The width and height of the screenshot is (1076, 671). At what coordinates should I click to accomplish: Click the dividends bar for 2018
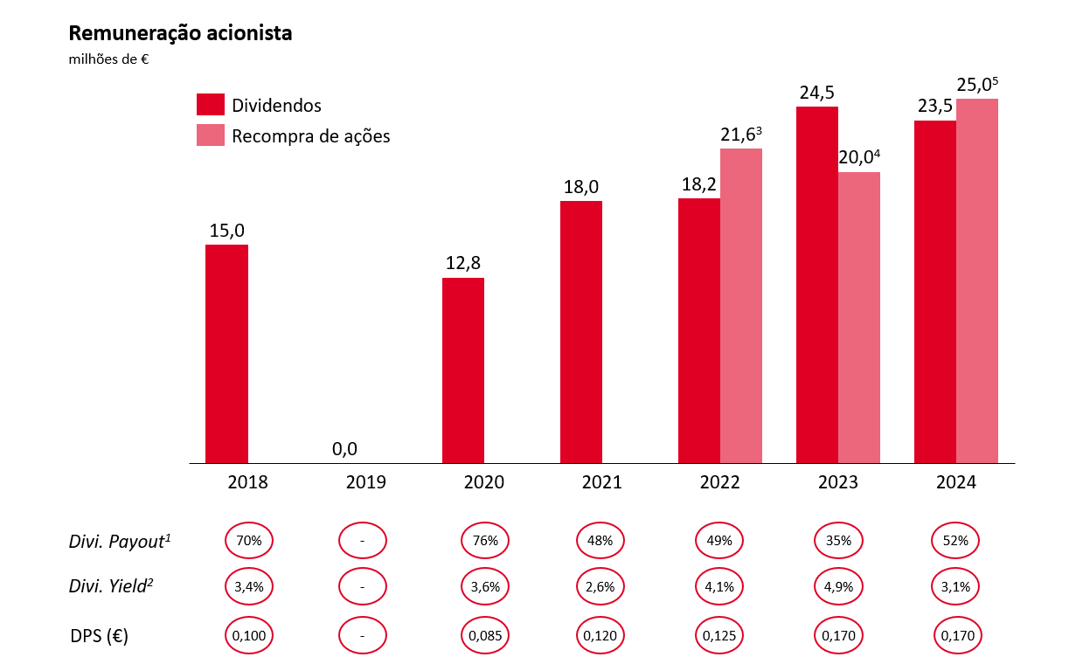(x=226, y=354)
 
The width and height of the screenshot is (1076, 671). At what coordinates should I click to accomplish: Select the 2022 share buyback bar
(x=741, y=306)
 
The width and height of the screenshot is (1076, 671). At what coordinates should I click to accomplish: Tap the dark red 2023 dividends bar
(x=817, y=285)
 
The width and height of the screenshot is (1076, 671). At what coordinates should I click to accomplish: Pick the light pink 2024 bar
(x=977, y=280)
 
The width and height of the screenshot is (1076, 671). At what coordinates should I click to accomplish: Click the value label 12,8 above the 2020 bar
(x=463, y=262)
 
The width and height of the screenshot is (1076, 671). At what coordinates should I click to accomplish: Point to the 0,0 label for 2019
(x=345, y=449)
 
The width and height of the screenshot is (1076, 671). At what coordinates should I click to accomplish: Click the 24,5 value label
(x=817, y=92)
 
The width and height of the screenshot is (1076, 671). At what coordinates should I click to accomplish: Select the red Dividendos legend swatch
(x=211, y=105)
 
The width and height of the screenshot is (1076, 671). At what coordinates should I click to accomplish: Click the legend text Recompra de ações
(x=310, y=136)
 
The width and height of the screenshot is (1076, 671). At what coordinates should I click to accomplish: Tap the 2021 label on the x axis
(x=601, y=482)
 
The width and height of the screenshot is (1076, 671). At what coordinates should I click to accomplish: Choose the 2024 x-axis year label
(x=955, y=482)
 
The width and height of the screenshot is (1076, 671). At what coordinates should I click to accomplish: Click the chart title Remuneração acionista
(x=180, y=34)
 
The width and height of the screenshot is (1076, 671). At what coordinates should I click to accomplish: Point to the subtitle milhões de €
(x=108, y=59)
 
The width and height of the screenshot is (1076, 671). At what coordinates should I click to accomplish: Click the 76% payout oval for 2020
(x=485, y=541)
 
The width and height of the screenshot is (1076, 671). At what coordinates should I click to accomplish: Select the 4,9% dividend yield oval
(x=838, y=587)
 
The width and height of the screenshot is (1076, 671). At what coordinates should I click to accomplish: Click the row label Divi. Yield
(x=112, y=587)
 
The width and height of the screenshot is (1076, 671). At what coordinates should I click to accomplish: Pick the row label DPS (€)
(x=100, y=636)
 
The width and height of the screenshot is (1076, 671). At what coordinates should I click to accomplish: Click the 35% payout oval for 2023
(x=838, y=541)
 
